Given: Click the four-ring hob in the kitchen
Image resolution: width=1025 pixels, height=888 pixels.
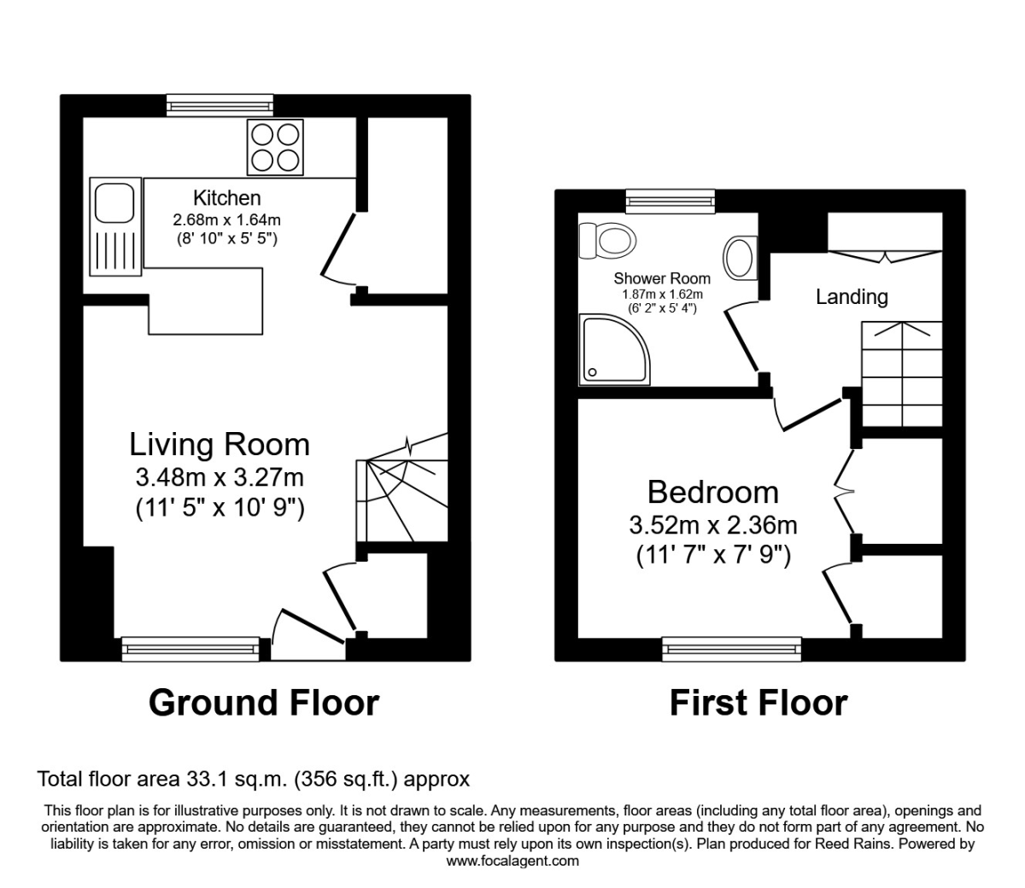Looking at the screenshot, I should [x=275, y=147].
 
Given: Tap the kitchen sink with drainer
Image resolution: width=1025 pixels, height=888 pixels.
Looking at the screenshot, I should [x=114, y=227].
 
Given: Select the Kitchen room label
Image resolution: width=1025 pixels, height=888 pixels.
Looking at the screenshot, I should [x=226, y=198].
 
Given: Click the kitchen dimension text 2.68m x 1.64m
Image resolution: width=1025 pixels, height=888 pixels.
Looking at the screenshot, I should [x=226, y=220].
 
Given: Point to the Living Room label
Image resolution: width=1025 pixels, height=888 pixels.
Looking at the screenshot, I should [x=220, y=445].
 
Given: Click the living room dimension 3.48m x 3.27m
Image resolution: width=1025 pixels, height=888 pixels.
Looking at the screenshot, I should [x=220, y=476].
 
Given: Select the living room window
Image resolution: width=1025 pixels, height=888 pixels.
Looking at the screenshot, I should [x=190, y=649].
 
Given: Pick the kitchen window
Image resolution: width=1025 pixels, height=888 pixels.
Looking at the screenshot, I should [x=220, y=105].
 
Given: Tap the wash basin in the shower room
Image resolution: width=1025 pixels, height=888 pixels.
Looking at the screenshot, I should [x=741, y=257].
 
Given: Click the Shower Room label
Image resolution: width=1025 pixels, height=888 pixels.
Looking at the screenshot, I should [x=661, y=278].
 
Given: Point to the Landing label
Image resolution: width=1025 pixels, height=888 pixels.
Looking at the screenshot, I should [x=852, y=297].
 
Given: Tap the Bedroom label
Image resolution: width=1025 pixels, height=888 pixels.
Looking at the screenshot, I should [x=713, y=493].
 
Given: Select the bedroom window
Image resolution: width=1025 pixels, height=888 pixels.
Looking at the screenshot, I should [x=732, y=649].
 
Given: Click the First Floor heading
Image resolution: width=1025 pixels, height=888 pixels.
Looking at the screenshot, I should [x=758, y=703].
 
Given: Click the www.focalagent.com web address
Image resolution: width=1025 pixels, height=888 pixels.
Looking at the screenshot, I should [x=512, y=861].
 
